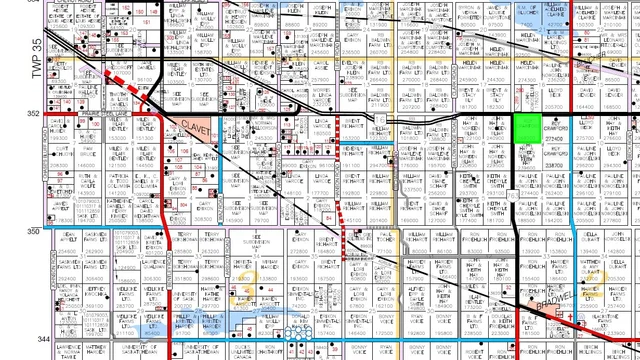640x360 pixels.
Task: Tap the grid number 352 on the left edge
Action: click(x=32, y=114)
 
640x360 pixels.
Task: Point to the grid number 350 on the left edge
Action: click(x=32, y=231)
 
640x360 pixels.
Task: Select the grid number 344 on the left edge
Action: click(x=32, y=341)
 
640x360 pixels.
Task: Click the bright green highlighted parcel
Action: click(x=524, y=127)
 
